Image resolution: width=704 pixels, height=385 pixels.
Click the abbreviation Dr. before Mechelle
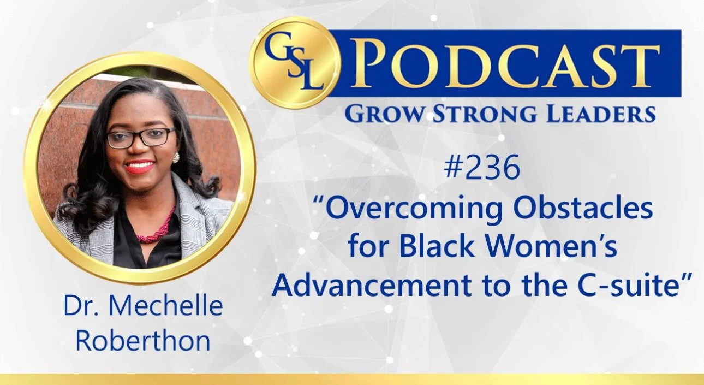point(81,307)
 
